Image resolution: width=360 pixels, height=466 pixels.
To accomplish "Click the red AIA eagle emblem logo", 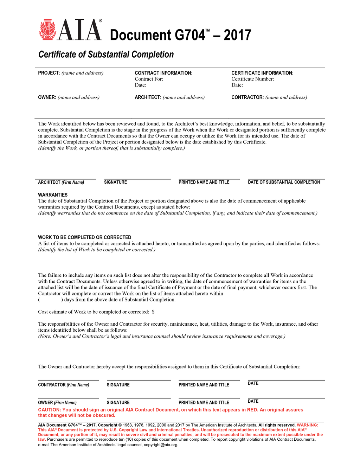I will coord(47,30).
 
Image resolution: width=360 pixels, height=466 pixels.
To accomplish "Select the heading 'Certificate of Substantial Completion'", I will coord(106,55).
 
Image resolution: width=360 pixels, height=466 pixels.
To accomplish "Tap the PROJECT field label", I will coord(49,73).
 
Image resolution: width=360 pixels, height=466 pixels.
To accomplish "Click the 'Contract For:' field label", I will coord(149,79).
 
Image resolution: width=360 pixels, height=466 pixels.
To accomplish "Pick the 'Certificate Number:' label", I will coord(252,79).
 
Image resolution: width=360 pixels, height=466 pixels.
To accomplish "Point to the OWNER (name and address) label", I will coord(69,97).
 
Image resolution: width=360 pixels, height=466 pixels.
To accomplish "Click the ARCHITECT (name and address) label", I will coord(169,97).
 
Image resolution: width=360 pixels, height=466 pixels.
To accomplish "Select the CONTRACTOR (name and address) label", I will coord(269,97).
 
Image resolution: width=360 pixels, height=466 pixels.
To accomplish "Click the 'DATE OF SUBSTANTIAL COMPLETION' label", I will coord(284,182).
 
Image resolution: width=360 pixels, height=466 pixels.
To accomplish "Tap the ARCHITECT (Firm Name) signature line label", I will coord(61,182).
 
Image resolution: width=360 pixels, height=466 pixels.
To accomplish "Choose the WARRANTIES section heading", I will coord(53,195).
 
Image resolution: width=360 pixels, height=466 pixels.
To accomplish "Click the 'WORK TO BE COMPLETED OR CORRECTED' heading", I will coord(84,237).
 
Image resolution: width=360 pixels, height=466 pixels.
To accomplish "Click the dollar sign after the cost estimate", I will coord(153,312).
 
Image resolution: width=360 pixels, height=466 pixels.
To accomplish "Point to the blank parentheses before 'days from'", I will coord(50,300).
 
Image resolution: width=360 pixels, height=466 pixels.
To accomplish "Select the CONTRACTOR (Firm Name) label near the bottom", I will coord(64,385).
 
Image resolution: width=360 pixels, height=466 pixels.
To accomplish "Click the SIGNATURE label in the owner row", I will coord(118,403).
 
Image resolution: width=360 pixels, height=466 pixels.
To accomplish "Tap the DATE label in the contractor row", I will coord(253,383).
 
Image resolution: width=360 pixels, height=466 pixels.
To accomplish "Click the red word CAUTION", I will coord(49,410).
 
